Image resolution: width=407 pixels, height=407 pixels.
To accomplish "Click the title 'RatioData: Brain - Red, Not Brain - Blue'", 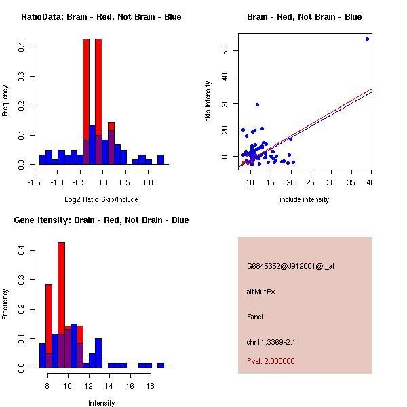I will (x=101, y=17).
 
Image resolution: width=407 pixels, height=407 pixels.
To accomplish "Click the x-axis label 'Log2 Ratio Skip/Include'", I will (x=101, y=200).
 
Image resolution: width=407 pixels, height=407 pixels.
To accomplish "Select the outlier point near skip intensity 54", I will (x=367, y=39).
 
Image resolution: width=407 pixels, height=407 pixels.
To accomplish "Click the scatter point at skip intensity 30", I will (x=257, y=104).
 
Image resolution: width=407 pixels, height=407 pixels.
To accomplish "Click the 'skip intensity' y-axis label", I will (x=209, y=102).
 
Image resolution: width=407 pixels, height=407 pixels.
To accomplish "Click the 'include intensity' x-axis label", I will (x=304, y=200).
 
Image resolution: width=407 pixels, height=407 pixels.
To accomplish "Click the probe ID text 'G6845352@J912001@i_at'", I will (x=290, y=266).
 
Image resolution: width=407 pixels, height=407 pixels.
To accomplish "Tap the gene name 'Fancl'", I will (x=255, y=317).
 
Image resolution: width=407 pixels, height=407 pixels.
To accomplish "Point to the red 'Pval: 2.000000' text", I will (x=271, y=361).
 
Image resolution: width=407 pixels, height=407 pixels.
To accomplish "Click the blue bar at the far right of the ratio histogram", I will (x=161, y=160).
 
